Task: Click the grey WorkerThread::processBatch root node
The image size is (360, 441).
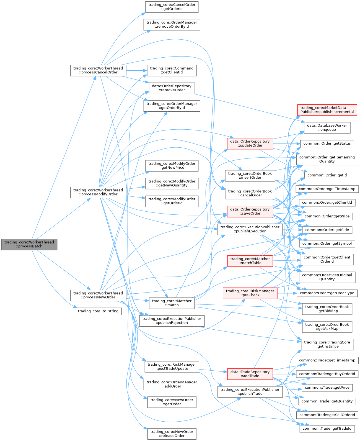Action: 29,244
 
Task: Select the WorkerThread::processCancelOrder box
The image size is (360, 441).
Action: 98,70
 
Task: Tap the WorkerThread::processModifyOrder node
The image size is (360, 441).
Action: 98,192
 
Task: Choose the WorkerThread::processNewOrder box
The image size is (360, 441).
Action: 98,295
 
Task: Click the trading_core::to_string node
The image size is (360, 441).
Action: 98,311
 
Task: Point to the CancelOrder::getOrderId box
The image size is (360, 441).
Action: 172,7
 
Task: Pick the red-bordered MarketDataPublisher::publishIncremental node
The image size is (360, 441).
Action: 327,110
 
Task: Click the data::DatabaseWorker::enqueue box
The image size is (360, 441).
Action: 327,128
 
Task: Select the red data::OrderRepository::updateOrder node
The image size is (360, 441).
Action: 250,143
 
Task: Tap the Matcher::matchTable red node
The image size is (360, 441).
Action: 250,261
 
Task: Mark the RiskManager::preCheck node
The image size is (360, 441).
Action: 250,293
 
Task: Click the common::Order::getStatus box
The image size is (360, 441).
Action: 327,143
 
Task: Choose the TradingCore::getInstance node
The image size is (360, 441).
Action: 327,344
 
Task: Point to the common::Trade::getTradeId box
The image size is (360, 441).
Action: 327,429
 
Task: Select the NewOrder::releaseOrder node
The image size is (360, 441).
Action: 172,434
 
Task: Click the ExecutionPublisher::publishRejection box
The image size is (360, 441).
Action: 172,321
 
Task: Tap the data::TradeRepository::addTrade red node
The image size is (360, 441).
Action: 250,374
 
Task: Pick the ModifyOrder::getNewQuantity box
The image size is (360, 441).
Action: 172,183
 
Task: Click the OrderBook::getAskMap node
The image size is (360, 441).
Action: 327,327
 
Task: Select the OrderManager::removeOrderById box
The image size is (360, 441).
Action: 172,24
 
